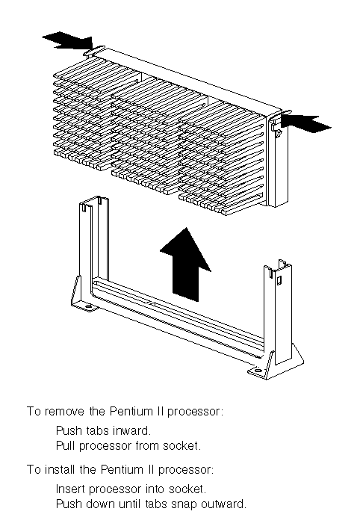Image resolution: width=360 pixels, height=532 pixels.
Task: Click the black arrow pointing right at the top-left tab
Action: coord(68,41)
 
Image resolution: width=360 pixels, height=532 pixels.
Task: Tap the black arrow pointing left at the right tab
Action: coord(305,123)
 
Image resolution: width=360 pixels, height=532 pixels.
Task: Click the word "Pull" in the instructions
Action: coord(66,445)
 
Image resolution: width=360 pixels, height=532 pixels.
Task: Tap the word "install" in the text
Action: coord(60,470)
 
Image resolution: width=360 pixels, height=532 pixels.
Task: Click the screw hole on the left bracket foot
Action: coord(88,306)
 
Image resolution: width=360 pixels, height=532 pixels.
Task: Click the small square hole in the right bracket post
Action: coord(279,280)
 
